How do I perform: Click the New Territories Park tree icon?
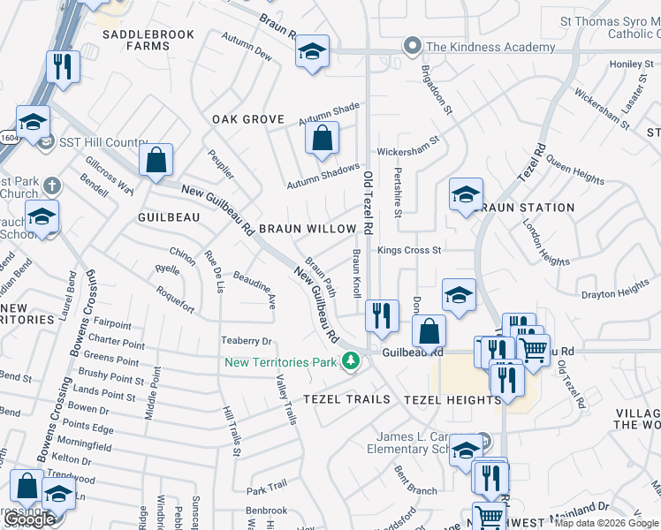pyautogui.click(x=352, y=360)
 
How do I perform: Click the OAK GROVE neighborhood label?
pyautogui.click(x=248, y=119)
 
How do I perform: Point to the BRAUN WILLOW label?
pyautogui.click(x=308, y=229)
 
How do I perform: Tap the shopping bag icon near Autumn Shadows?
pyautogui.click(x=322, y=137)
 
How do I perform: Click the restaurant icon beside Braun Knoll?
pyautogui.click(x=381, y=314)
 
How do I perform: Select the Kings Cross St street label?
pyautogui.click(x=409, y=251)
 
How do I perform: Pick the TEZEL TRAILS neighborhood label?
pyautogui.click(x=346, y=399)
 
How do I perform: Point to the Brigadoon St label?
pyautogui.click(x=437, y=89)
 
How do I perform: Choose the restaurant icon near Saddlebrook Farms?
pyautogui.click(x=62, y=66)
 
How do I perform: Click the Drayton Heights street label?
pyautogui.click(x=615, y=291)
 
